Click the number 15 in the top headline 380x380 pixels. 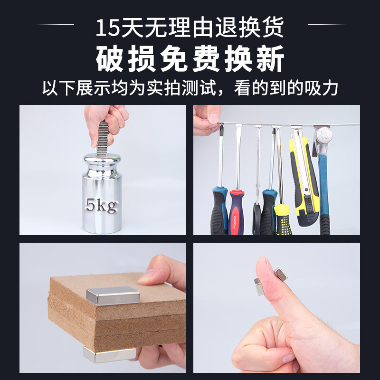pos(108,28)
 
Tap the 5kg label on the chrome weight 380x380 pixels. pos(102,205)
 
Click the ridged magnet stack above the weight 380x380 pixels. pos(103,139)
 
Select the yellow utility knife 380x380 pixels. pos(304,178)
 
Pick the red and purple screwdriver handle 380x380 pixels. pos(236,212)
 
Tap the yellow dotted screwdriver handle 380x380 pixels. pos(283,219)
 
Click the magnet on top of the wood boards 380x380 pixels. pos(113,295)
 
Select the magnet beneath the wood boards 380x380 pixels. pos(110,354)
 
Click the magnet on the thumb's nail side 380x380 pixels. pos(281,274)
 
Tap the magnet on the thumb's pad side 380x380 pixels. pos(259,286)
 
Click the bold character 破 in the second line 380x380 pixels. pos(110,58)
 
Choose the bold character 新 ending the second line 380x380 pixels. pos(270,58)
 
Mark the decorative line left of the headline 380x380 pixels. pos(55,25)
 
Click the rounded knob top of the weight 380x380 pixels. pos(102,159)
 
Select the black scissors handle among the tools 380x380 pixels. pos(256,218)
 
